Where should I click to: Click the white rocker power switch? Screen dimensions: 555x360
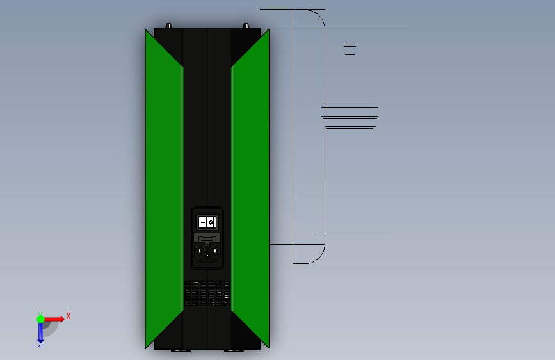click(x=207, y=222)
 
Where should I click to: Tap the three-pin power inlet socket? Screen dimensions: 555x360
click(x=207, y=254)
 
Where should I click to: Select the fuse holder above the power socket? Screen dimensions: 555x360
click(x=207, y=238)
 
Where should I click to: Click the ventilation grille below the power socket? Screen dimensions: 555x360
click(x=207, y=293)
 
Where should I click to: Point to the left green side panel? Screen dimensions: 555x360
click(x=163, y=186)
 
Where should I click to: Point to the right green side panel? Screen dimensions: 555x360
click(x=251, y=186)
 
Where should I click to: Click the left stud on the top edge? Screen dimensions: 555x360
click(x=169, y=26)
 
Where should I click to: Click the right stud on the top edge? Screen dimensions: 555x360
click(x=245, y=26)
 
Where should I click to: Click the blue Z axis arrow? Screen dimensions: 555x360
click(x=40, y=332)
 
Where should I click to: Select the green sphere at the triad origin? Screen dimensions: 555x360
click(x=40, y=319)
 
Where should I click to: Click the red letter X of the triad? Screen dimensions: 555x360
click(x=68, y=316)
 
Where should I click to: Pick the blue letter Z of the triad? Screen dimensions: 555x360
click(x=40, y=344)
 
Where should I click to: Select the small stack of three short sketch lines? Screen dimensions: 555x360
click(x=350, y=49)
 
